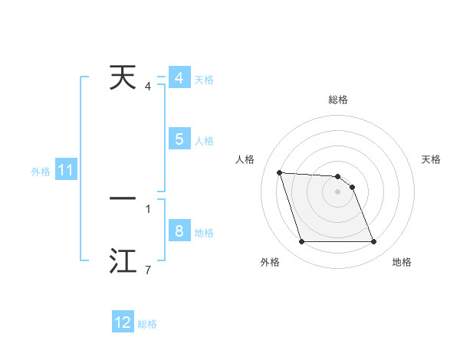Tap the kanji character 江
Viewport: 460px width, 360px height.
tap(123, 261)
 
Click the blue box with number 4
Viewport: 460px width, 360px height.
tap(179, 78)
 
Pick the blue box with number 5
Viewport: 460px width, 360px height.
tap(179, 139)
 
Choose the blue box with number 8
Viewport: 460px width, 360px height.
tap(179, 231)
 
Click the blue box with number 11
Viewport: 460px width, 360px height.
tap(65, 171)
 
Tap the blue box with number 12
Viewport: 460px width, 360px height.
tap(123, 322)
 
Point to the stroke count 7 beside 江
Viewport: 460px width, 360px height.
tap(148, 270)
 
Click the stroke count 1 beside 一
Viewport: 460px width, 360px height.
tap(148, 208)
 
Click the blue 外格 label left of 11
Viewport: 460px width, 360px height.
tap(41, 172)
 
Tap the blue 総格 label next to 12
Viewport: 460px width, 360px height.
tap(147, 324)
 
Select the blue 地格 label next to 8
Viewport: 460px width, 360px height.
tap(204, 233)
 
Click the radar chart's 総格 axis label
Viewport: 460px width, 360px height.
tap(338, 100)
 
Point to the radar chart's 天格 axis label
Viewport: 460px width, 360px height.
tap(432, 159)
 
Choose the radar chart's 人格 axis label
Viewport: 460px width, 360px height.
tap(245, 159)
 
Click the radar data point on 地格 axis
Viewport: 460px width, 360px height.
tap(373, 242)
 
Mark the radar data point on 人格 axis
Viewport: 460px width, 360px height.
tap(280, 172)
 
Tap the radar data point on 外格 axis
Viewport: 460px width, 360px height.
tap(301, 242)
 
